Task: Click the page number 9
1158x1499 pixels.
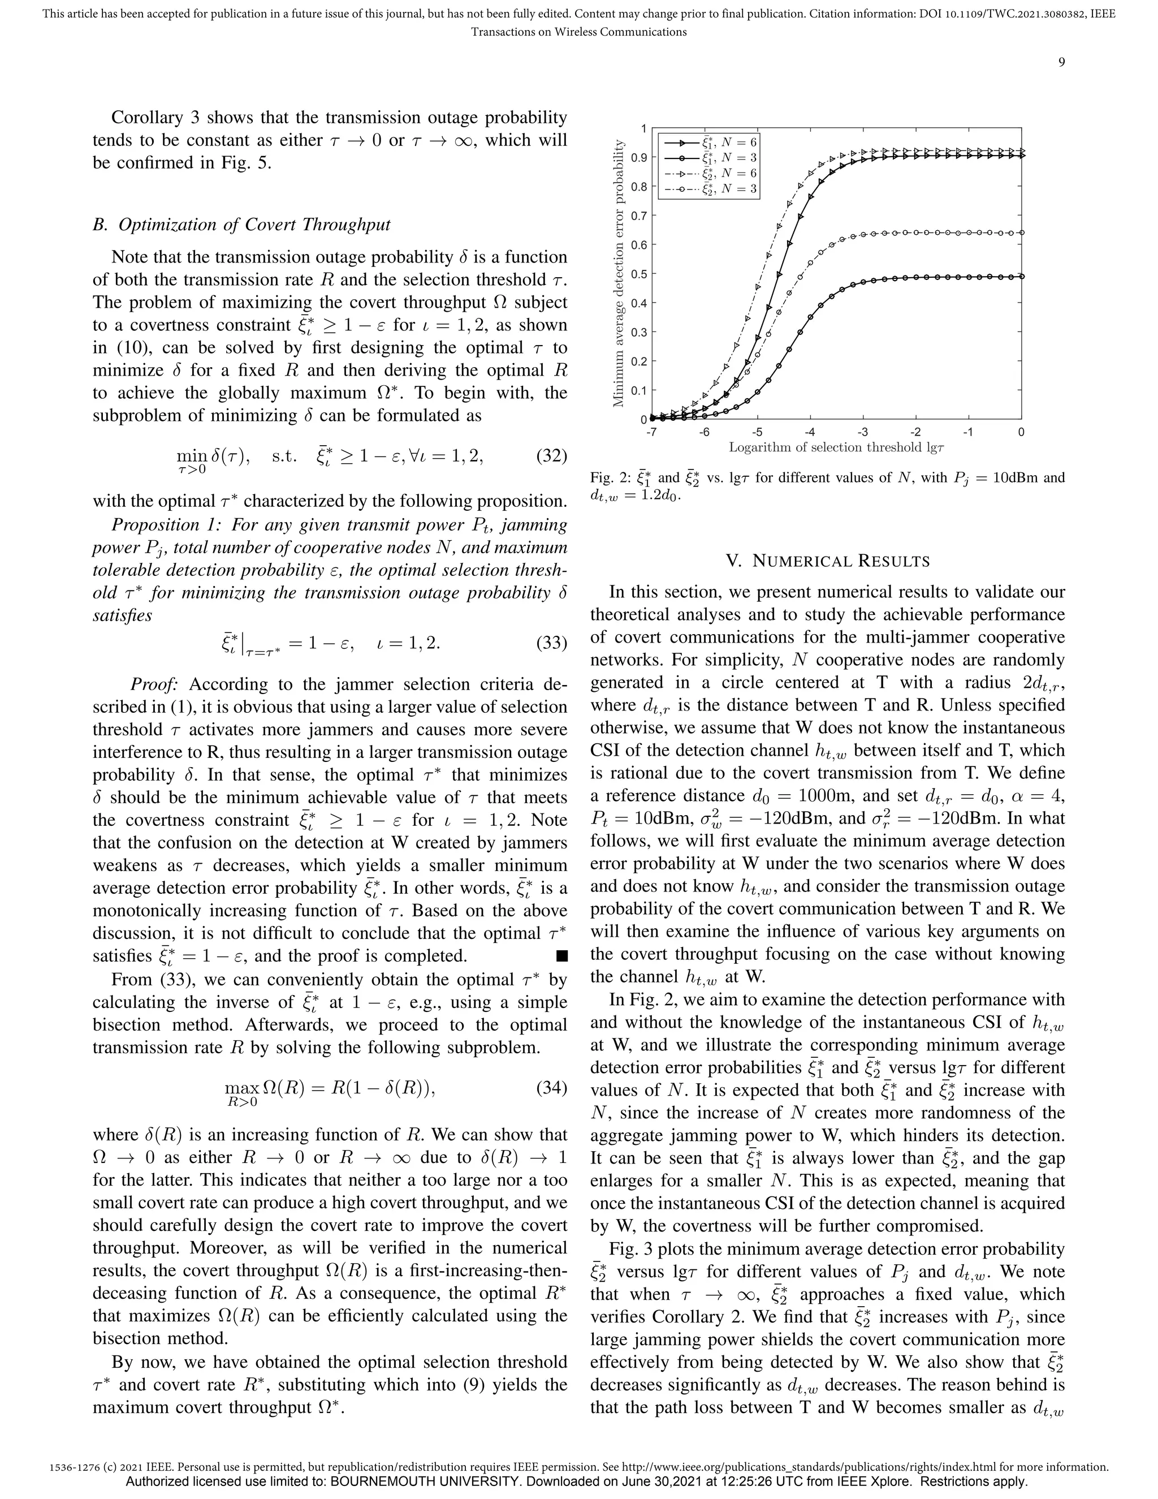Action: tap(1061, 62)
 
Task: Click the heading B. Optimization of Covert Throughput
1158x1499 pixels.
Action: tap(241, 225)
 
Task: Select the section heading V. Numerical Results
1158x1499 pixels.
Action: tap(827, 561)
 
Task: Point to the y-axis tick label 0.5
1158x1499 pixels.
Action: tap(639, 274)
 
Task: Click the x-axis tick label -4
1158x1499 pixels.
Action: tap(810, 432)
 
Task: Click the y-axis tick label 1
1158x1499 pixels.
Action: tap(643, 128)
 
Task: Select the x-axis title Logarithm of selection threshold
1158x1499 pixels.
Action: tap(836, 447)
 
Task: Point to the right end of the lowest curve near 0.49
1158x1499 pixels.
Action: tap(1021, 277)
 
